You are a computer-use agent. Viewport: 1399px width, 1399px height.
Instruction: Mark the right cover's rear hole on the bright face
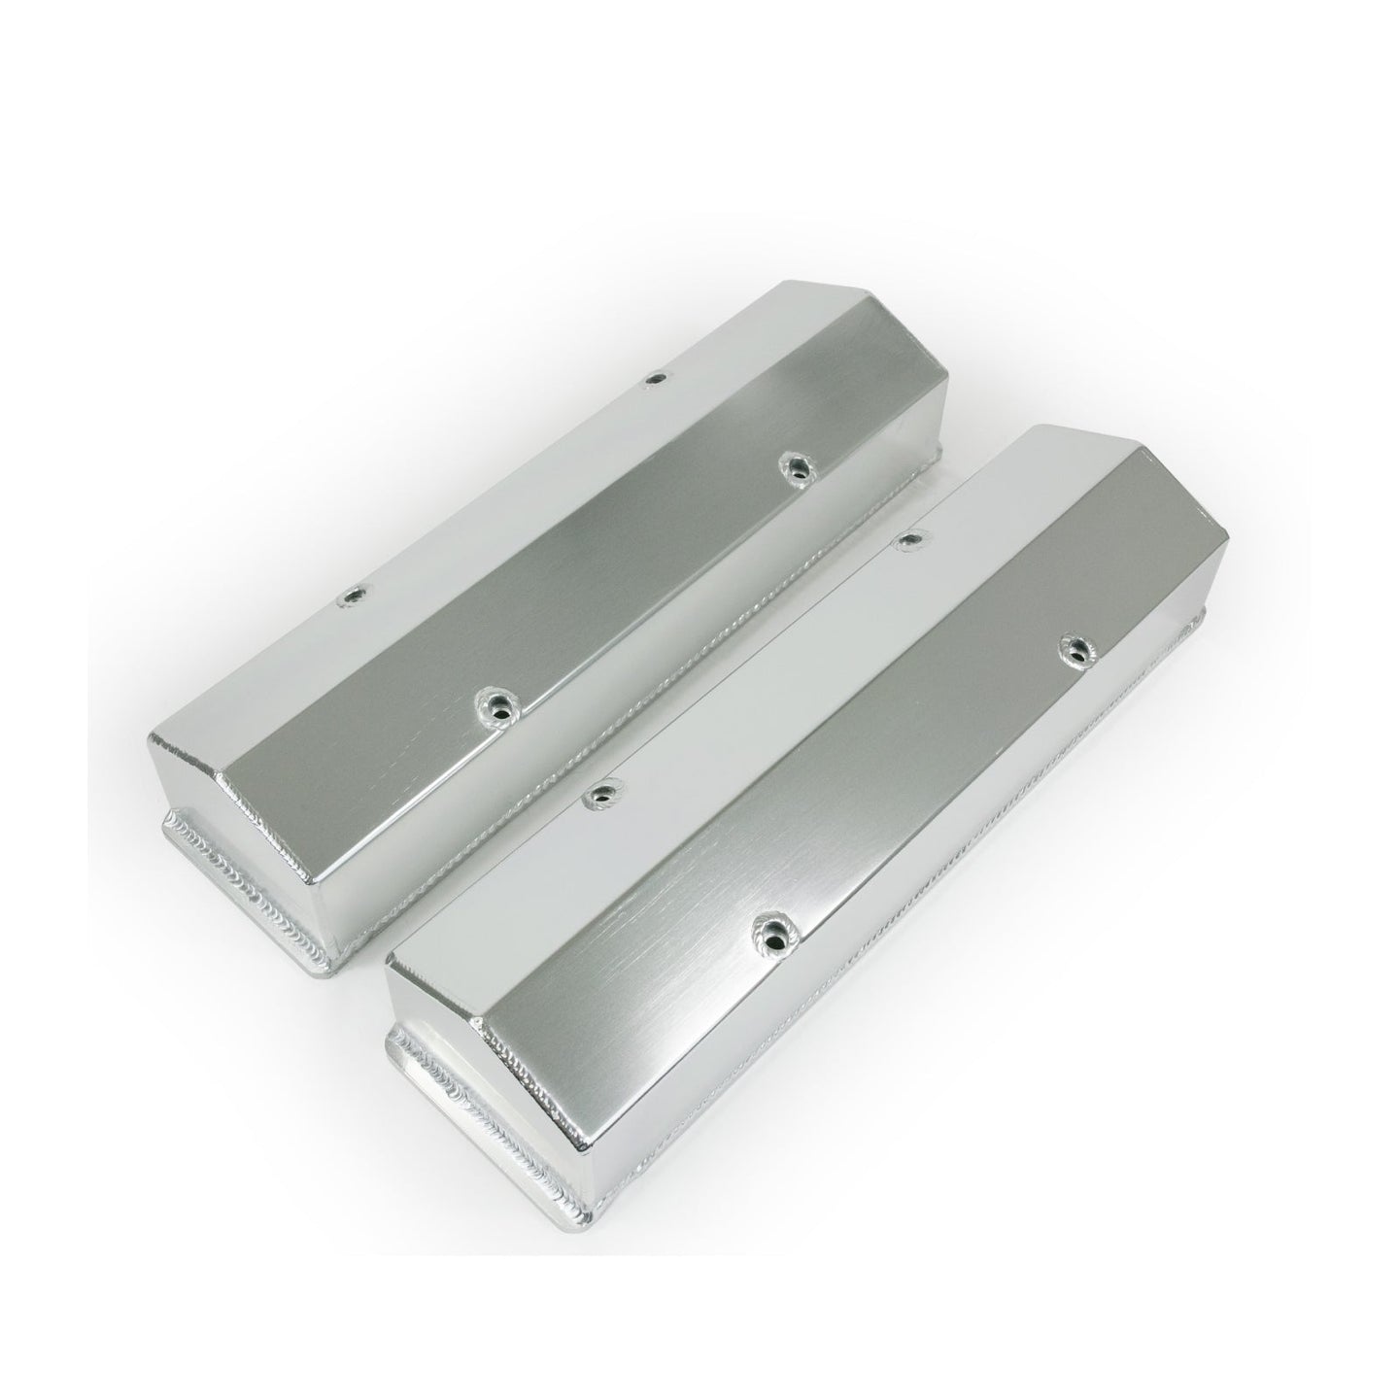tap(909, 536)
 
